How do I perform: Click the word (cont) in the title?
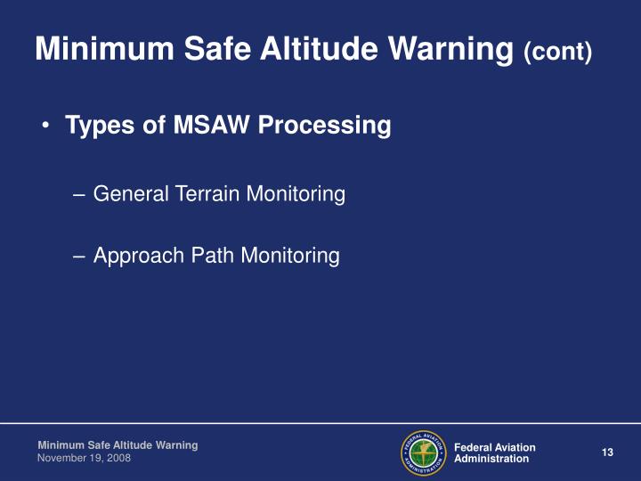pyautogui.click(x=558, y=52)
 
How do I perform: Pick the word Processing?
pyautogui.click(x=324, y=127)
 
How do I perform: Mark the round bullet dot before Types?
pyautogui.click(x=45, y=127)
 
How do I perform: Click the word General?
pyautogui.click(x=128, y=193)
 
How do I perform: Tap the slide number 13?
pyautogui.click(x=608, y=452)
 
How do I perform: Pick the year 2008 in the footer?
pyautogui.click(x=118, y=457)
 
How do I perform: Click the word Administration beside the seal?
pyautogui.click(x=491, y=459)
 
